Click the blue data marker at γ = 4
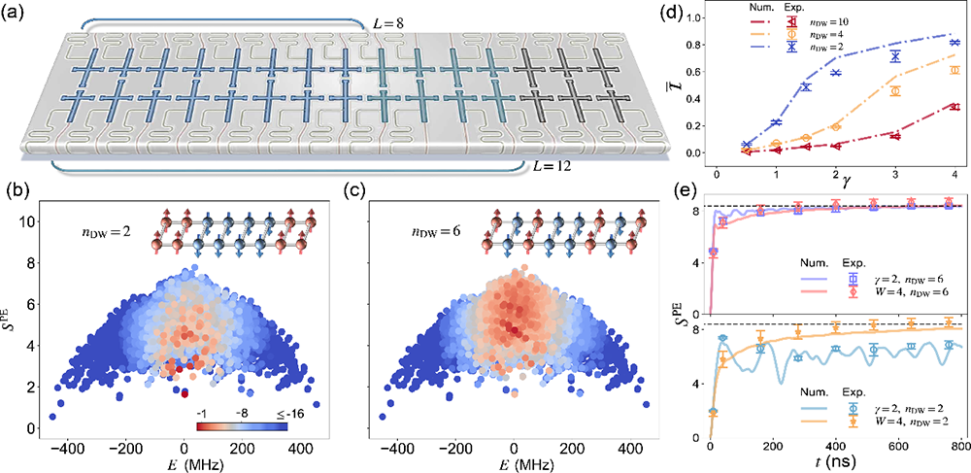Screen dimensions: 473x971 click(928, 43)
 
